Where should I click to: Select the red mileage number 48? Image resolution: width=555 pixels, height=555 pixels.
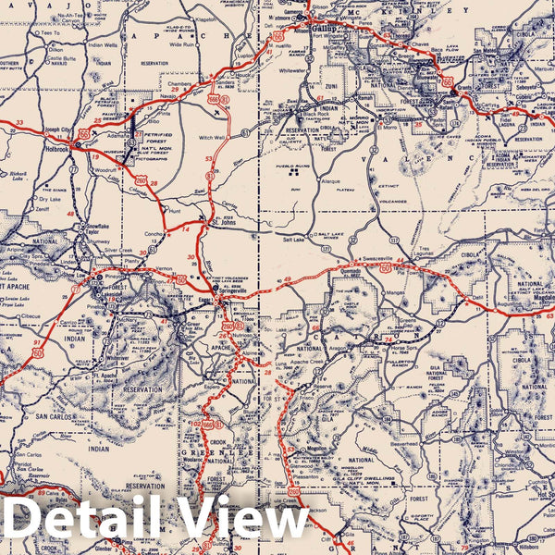pos(70,215)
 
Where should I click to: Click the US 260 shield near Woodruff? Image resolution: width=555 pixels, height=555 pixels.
pos(141,180)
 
